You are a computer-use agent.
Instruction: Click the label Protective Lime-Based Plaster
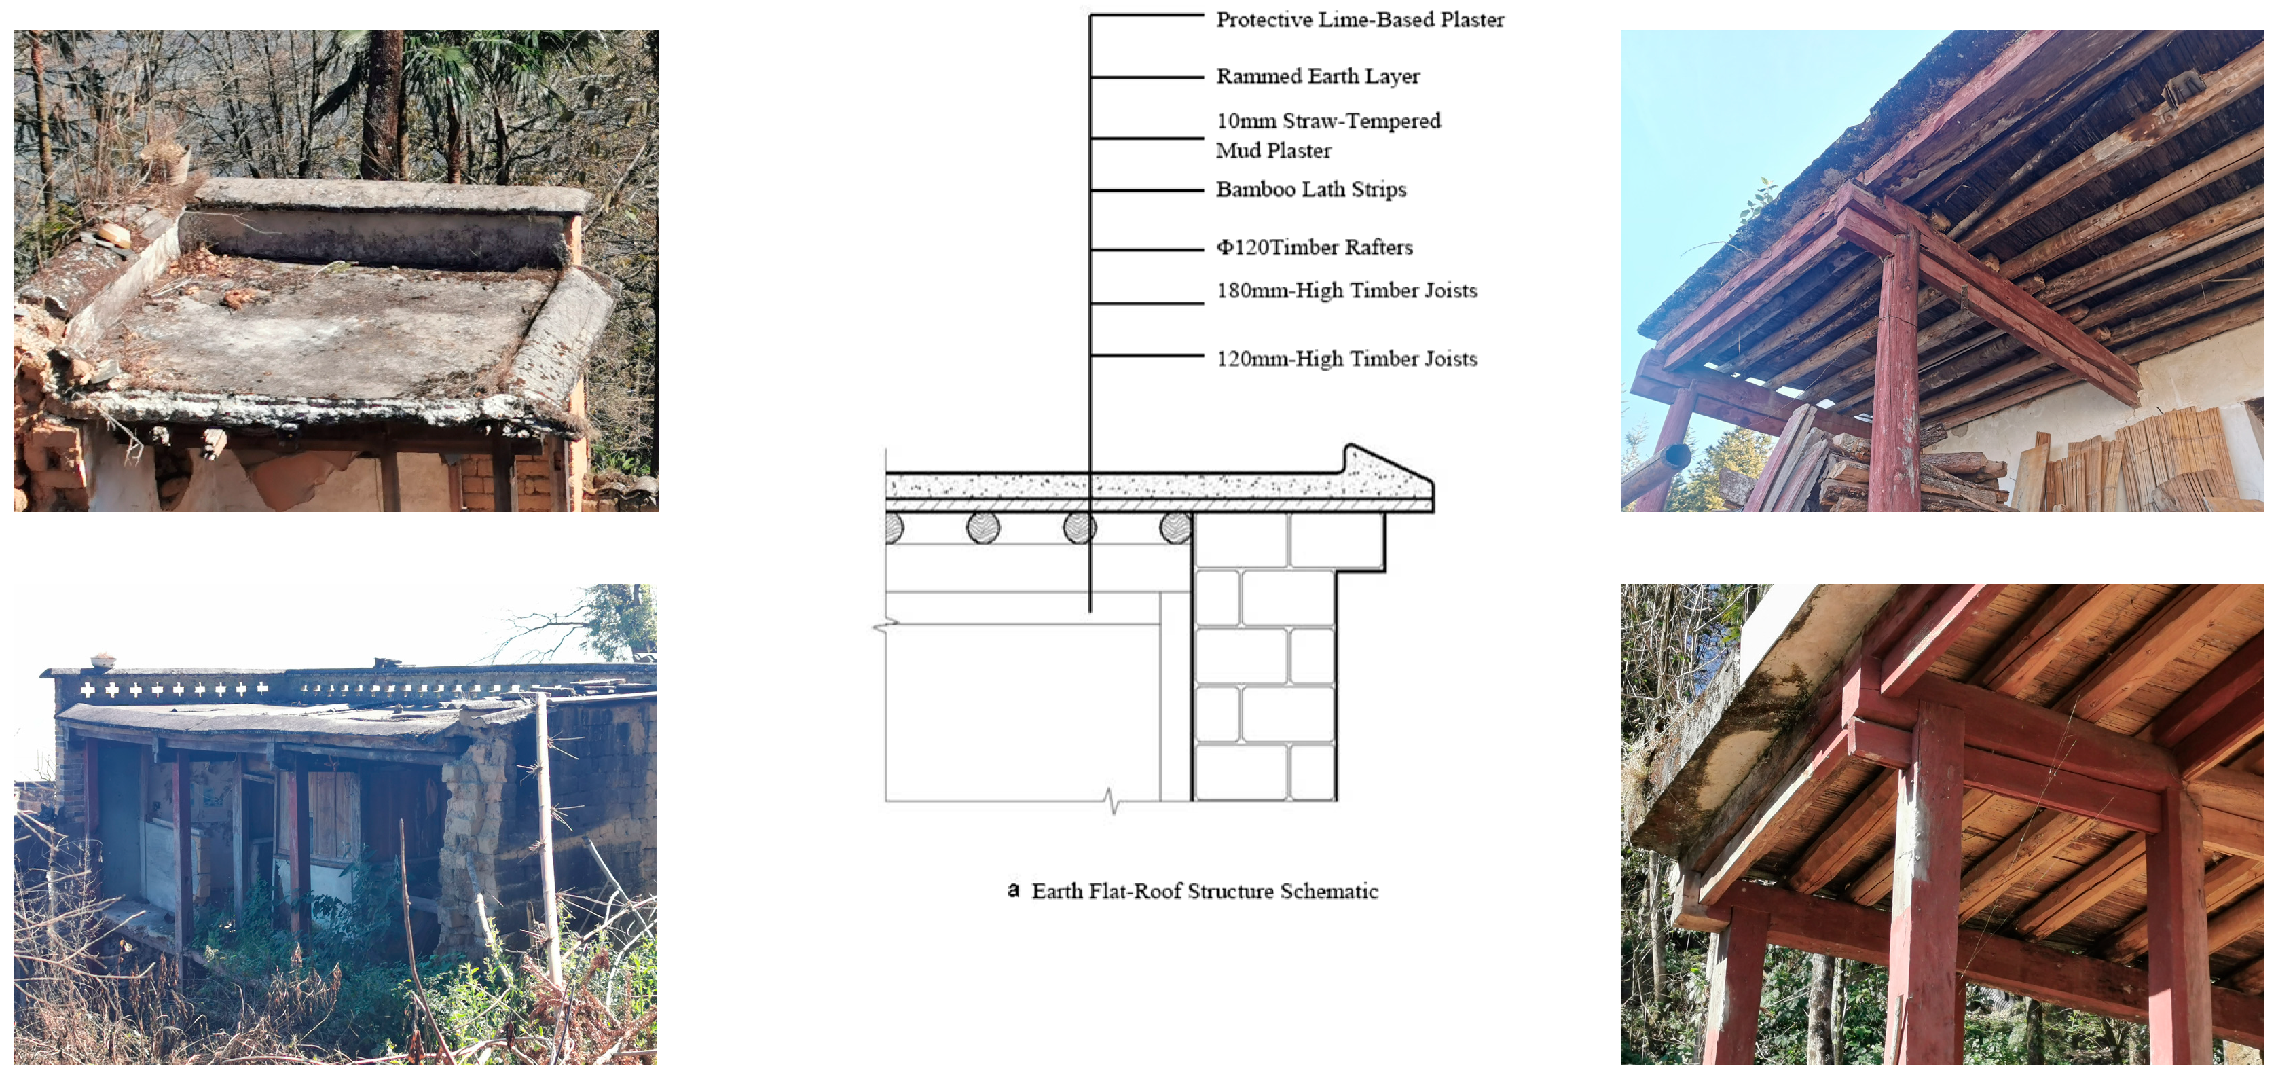(x=1359, y=20)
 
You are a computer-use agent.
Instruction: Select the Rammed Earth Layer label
(x=1317, y=76)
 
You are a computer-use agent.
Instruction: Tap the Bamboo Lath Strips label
(x=1310, y=189)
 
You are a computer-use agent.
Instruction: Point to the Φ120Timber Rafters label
(x=1314, y=247)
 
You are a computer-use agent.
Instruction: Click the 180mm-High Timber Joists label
(x=1346, y=291)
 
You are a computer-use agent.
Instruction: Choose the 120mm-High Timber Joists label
(x=1346, y=359)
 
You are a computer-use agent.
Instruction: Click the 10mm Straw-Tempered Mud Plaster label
(x=1327, y=135)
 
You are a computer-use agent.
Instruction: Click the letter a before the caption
(x=1014, y=890)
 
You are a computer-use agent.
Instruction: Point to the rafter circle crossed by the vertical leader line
(x=1080, y=528)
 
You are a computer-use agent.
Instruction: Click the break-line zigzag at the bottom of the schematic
(x=1112, y=801)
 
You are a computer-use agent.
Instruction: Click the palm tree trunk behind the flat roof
(x=385, y=106)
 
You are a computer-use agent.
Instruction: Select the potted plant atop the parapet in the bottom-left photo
(x=103, y=660)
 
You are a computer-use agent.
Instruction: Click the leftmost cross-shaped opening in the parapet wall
(x=88, y=690)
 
